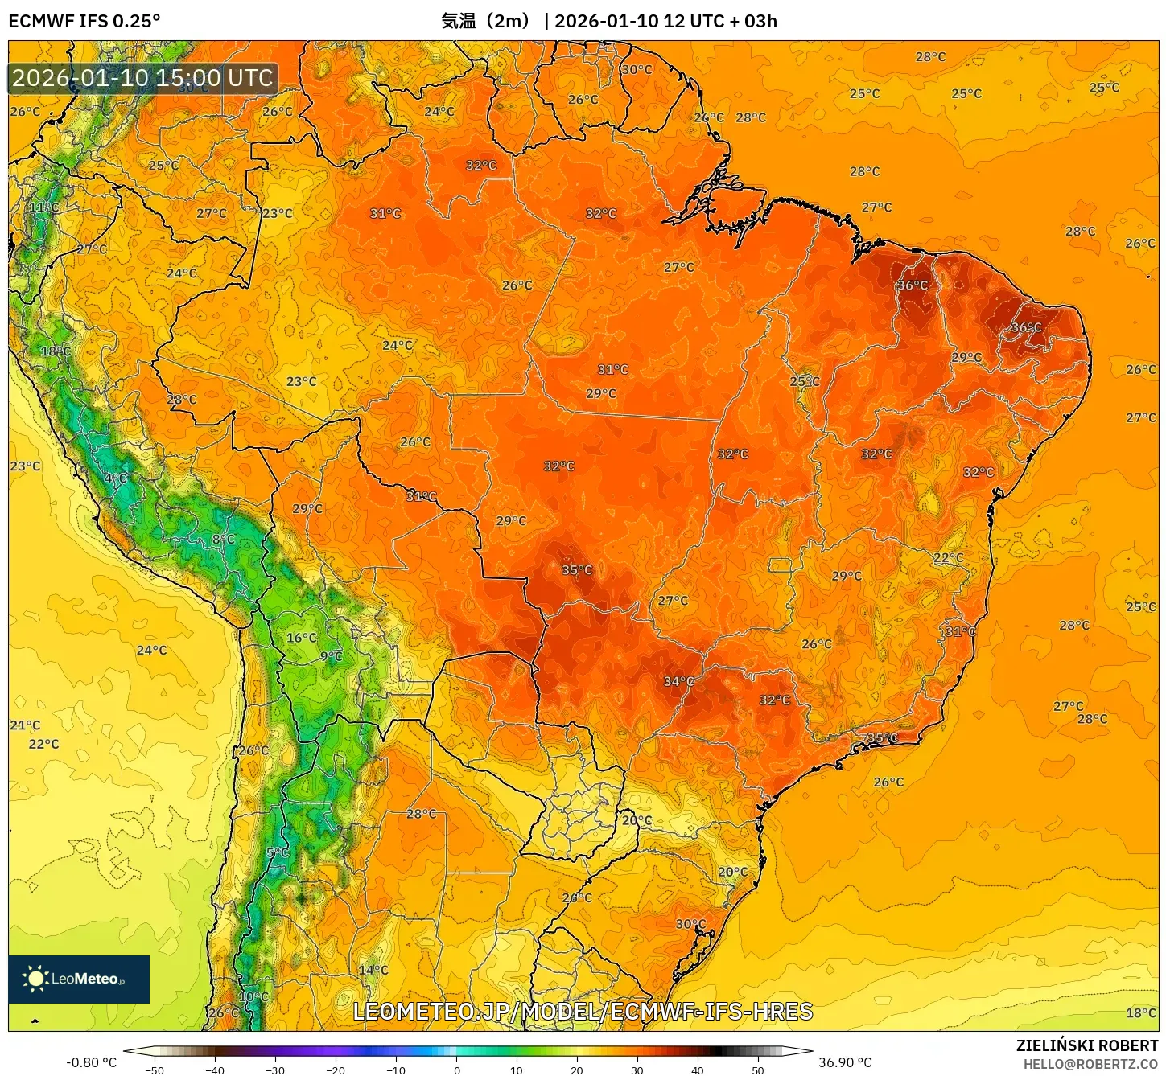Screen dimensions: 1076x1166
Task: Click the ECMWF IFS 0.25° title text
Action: coord(84,21)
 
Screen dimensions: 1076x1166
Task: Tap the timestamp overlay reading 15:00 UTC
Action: coord(142,78)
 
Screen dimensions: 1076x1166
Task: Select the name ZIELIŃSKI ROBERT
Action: coord(1086,1045)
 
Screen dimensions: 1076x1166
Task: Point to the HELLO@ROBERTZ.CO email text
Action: coord(1090,1064)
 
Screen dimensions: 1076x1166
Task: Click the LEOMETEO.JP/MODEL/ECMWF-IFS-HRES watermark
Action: coord(583,1011)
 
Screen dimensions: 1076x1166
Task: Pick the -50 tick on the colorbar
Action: coord(155,1070)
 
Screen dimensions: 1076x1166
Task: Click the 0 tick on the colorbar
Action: coord(456,1070)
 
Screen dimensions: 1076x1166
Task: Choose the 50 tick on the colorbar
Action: coord(758,1070)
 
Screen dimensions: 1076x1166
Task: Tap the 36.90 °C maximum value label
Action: coord(845,1062)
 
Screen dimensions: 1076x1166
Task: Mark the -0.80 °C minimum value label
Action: coord(91,1062)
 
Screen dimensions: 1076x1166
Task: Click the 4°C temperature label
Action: coord(116,478)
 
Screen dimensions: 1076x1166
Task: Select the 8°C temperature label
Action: coord(224,540)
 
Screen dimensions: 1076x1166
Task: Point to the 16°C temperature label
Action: coord(302,638)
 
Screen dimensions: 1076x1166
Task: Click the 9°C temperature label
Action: coord(332,656)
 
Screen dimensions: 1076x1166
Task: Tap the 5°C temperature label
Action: coord(278,852)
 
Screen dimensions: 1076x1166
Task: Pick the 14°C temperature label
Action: coord(373,970)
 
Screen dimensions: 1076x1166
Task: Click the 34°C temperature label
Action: coord(678,681)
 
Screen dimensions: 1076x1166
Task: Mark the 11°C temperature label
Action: coord(44,207)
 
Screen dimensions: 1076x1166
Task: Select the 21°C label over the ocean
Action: coord(25,725)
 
